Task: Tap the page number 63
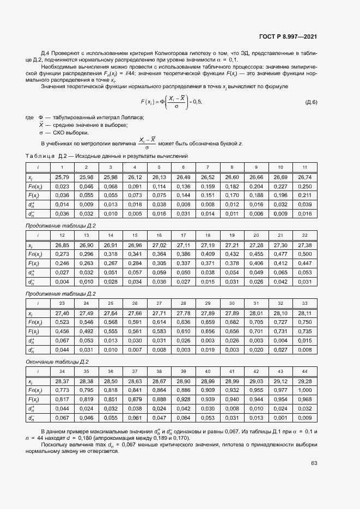[314, 463]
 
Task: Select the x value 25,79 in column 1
[62, 177]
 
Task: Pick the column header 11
[304, 167]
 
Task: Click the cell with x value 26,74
[304, 177]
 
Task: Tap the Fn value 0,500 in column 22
[304, 254]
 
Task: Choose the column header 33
[304, 303]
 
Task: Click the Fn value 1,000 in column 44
[304, 390]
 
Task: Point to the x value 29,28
[304, 381]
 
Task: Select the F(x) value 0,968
[304, 399]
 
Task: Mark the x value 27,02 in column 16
[159, 246]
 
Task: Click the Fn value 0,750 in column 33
[304, 322]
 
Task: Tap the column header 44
[304, 371]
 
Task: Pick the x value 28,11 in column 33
[304, 314]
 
